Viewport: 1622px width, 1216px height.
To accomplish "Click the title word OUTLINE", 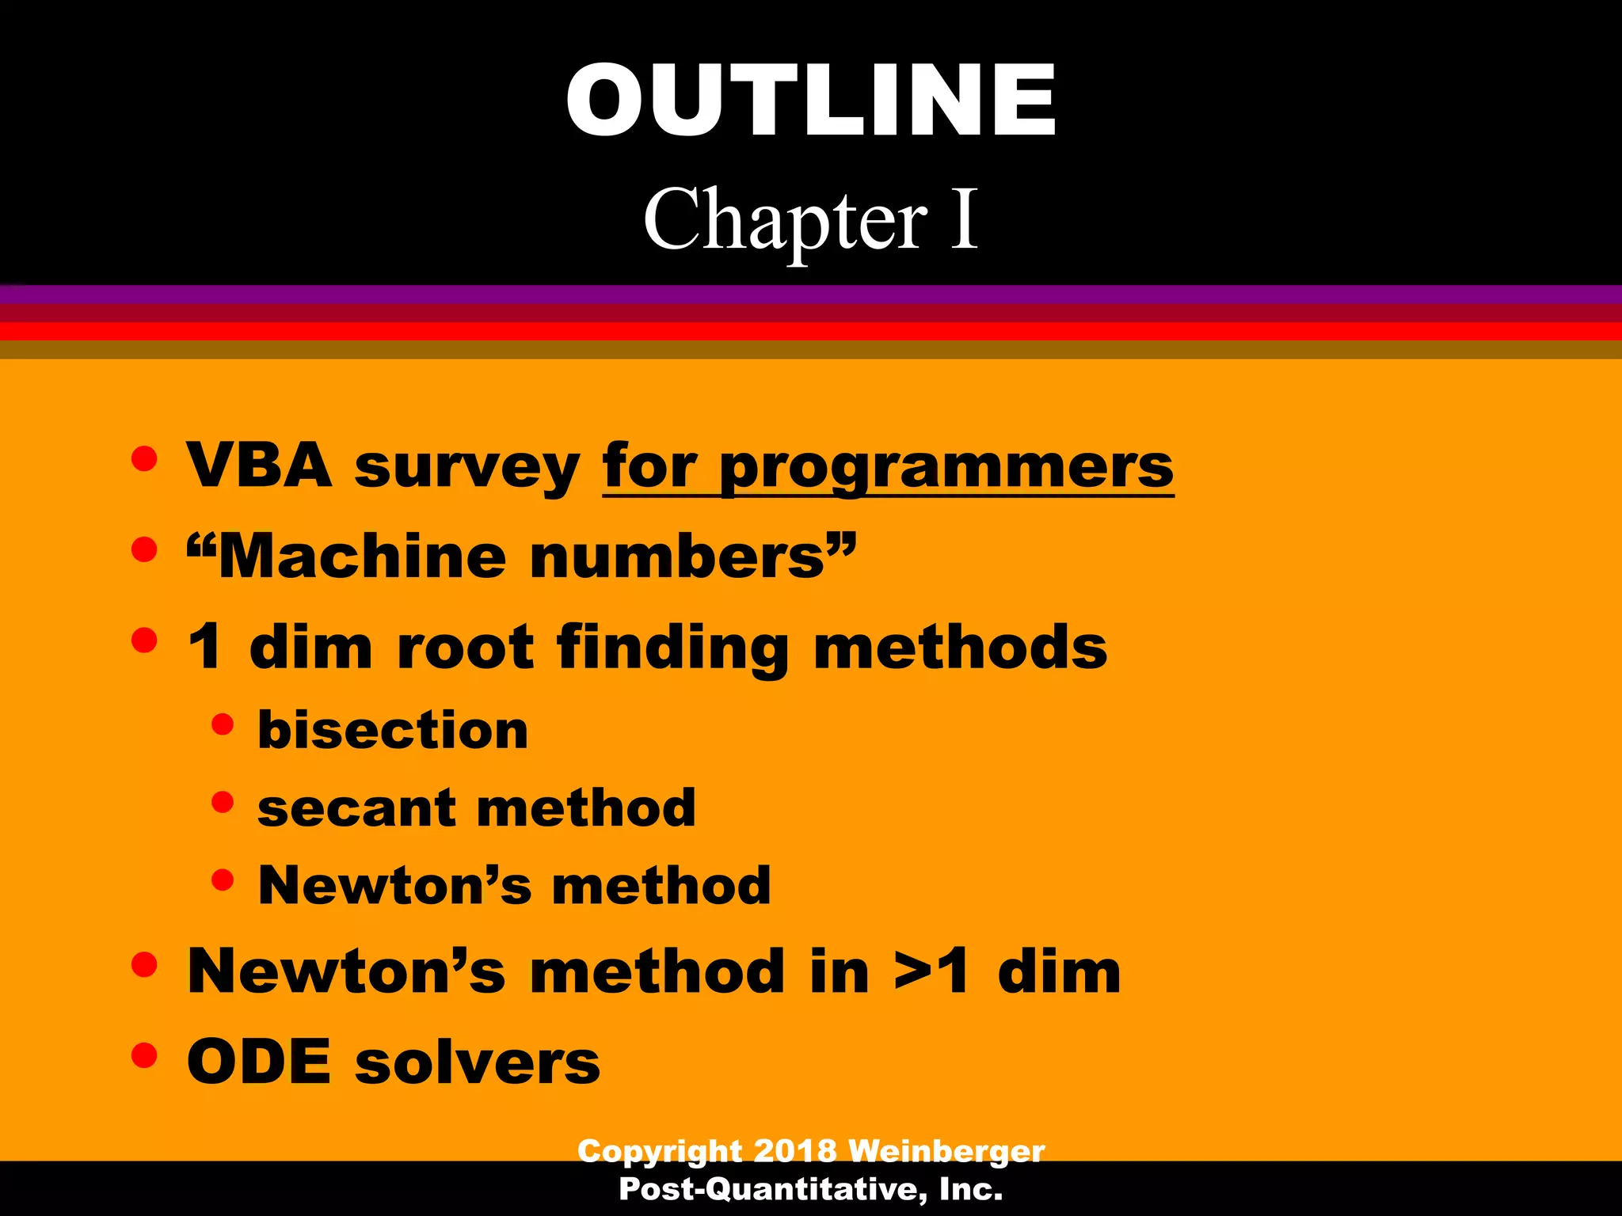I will [x=811, y=101].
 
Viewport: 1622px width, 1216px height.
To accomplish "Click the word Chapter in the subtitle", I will [x=784, y=220].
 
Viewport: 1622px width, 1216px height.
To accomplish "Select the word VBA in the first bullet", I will [x=259, y=465].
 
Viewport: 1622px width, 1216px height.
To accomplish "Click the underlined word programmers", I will [x=946, y=467].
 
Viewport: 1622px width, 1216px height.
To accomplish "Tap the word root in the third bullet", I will [x=465, y=648].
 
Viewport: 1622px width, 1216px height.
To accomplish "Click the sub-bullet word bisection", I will [x=393, y=730].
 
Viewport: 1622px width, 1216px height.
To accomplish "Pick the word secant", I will [x=356, y=809].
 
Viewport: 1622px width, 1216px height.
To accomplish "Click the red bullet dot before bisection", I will [x=223, y=724].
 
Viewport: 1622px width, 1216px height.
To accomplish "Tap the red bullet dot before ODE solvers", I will [x=144, y=1055].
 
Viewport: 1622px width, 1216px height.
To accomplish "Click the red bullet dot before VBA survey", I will [x=144, y=459].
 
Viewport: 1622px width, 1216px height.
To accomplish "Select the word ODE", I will [x=258, y=1062].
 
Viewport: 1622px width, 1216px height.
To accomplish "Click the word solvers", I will [x=478, y=1062].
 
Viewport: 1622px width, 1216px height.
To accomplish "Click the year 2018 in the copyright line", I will [x=794, y=1150].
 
